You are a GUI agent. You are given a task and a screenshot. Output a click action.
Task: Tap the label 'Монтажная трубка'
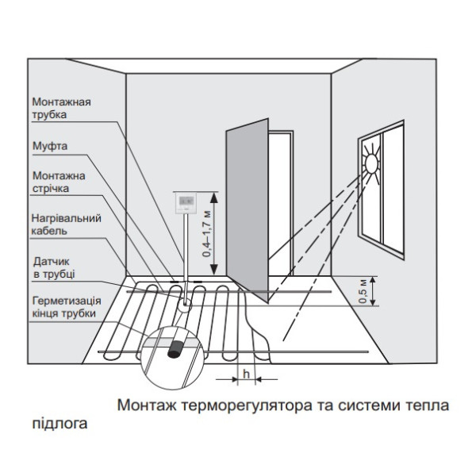(62, 108)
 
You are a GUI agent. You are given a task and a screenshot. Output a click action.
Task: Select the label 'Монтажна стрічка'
(59, 182)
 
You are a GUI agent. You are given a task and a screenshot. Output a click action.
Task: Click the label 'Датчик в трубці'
(54, 266)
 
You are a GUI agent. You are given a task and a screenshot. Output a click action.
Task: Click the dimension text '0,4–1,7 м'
(208, 232)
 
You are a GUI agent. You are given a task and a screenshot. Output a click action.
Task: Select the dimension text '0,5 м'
(364, 291)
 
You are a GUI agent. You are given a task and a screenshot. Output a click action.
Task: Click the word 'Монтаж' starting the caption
(145, 405)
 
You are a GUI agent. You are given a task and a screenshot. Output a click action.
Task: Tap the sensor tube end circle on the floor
(186, 302)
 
